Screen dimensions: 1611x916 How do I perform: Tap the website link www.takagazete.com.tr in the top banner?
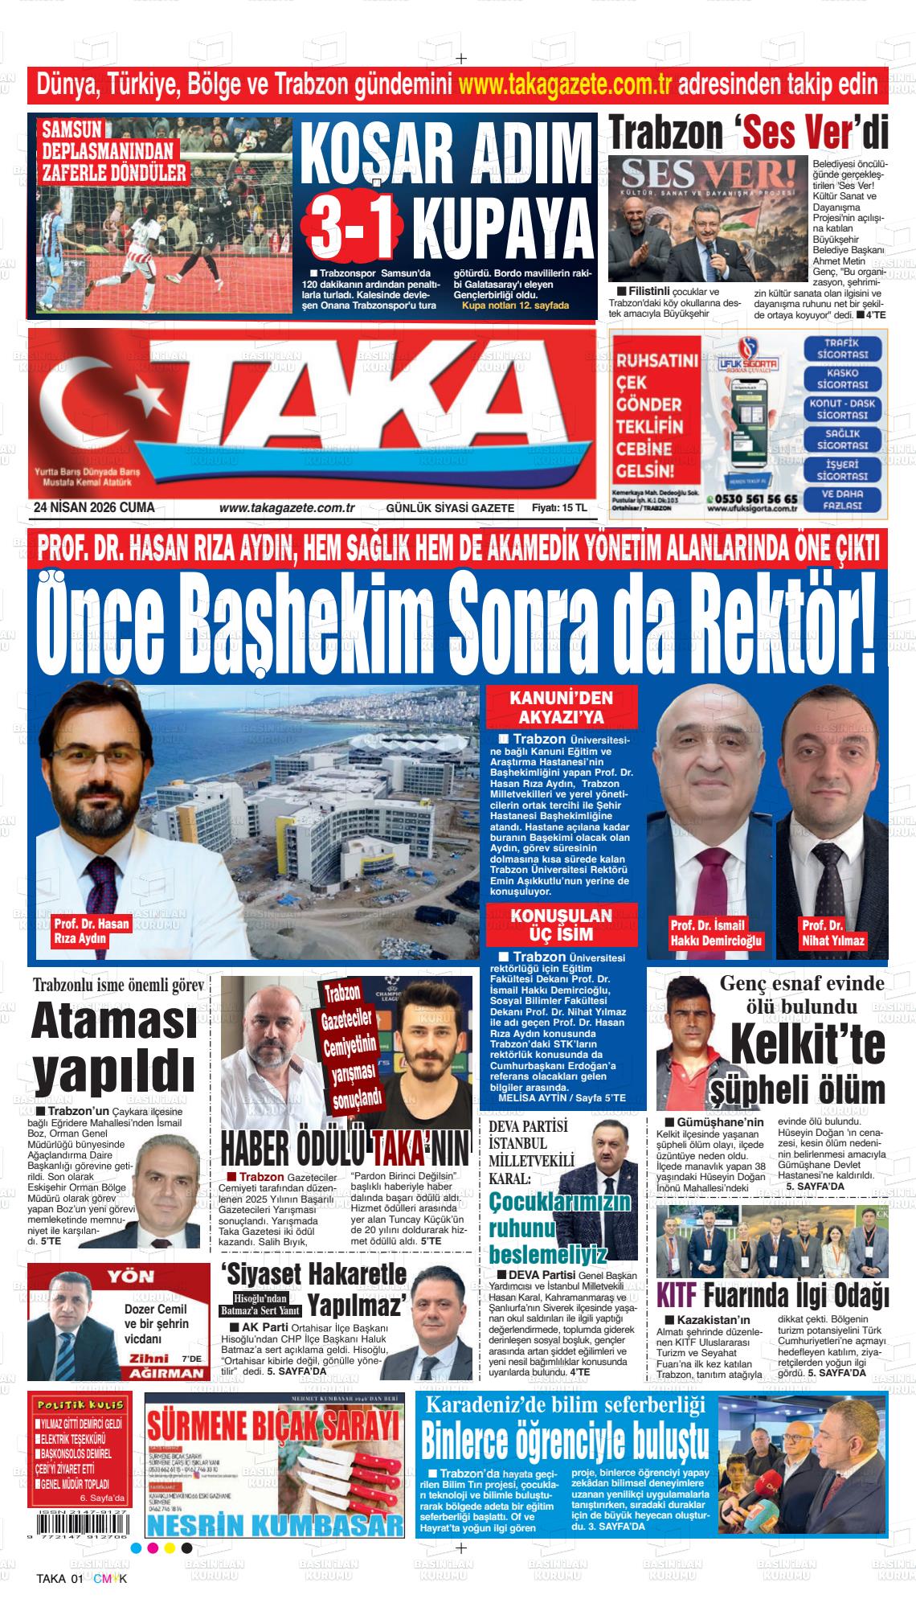(565, 84)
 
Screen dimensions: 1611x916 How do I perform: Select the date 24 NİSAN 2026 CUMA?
(94, 507)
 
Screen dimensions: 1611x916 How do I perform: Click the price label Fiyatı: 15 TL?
(559, 508)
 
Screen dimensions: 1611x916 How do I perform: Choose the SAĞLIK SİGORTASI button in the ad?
(842, 439)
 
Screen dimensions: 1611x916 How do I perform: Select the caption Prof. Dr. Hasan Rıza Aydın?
(91, 931)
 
